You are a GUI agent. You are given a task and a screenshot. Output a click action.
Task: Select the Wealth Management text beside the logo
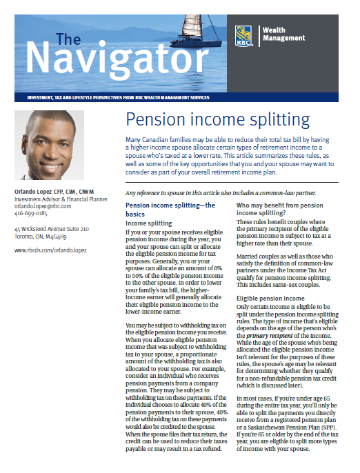click(285, 34)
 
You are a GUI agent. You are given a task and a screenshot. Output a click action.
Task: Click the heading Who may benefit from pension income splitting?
click(281, 209)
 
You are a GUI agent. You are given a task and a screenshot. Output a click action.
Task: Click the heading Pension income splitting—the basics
click(170, 209)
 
